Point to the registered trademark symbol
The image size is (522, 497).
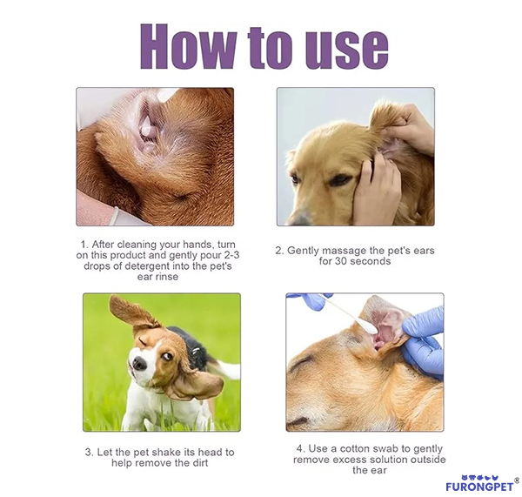(517, 479)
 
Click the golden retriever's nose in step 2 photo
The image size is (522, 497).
(300, 216)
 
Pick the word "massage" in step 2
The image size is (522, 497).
(335, 250)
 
